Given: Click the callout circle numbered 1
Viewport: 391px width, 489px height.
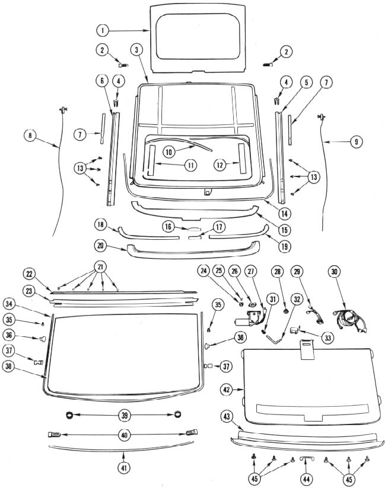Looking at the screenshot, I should (103, 30).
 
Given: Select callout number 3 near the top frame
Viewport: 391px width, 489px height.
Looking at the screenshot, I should (137, 50).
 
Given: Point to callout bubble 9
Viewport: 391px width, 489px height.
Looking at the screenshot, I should (355, 141).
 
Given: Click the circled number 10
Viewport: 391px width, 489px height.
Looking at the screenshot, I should (169, 152).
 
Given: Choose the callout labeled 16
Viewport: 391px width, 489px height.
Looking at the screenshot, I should (169, 227).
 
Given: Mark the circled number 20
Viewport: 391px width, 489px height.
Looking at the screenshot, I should (100, 244).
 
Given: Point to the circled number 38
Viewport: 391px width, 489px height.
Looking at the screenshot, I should (25, 366).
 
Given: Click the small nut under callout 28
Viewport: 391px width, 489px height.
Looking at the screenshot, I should (286, 310).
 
